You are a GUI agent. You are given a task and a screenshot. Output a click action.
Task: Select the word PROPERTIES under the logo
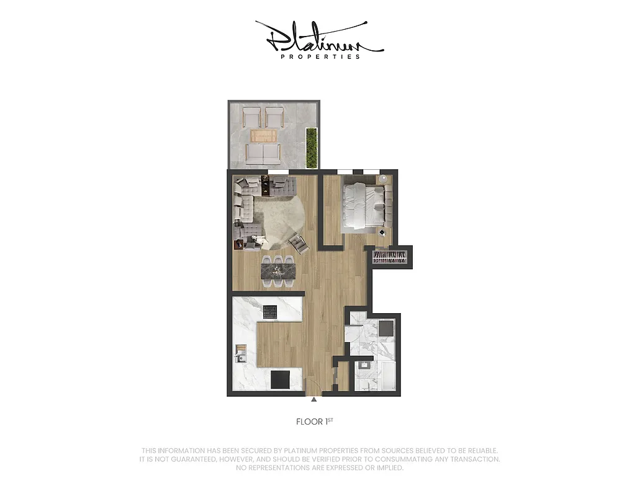tap(320, 56)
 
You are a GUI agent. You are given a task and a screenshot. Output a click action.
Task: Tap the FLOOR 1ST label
tap(320, 422)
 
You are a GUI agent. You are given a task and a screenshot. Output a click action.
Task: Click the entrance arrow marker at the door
tap(314, 399)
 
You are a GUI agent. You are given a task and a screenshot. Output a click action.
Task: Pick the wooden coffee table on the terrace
tap(264, 136)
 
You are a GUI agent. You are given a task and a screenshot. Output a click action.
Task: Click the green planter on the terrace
tap(312, 146)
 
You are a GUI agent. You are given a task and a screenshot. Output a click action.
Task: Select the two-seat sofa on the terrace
tap(263, 153)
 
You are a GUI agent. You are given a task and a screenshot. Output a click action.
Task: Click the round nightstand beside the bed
tap(384, 179)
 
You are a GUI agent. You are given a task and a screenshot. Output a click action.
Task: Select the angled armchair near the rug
tap(299, 244)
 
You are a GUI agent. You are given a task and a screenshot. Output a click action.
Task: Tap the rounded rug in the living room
tap(279, 217)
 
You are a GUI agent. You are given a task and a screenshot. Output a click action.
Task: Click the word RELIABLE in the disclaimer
tap(480, 450)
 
